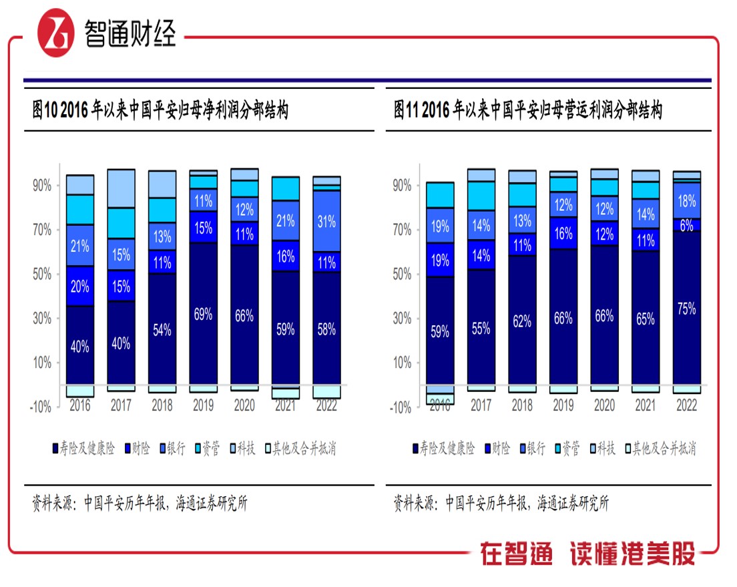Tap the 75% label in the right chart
coord(686,309)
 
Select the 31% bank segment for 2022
coord(326,220)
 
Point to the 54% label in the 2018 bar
coord(162,329)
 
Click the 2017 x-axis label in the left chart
coord(121,405)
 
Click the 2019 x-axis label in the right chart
coord(563,405)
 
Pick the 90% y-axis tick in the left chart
coord(41,186)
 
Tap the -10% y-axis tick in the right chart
coord(401,407)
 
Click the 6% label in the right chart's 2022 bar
coord(687,226)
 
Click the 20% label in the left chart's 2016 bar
coord(80,286)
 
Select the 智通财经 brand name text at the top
coord(130,32)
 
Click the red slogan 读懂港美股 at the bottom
coord(632,553)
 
